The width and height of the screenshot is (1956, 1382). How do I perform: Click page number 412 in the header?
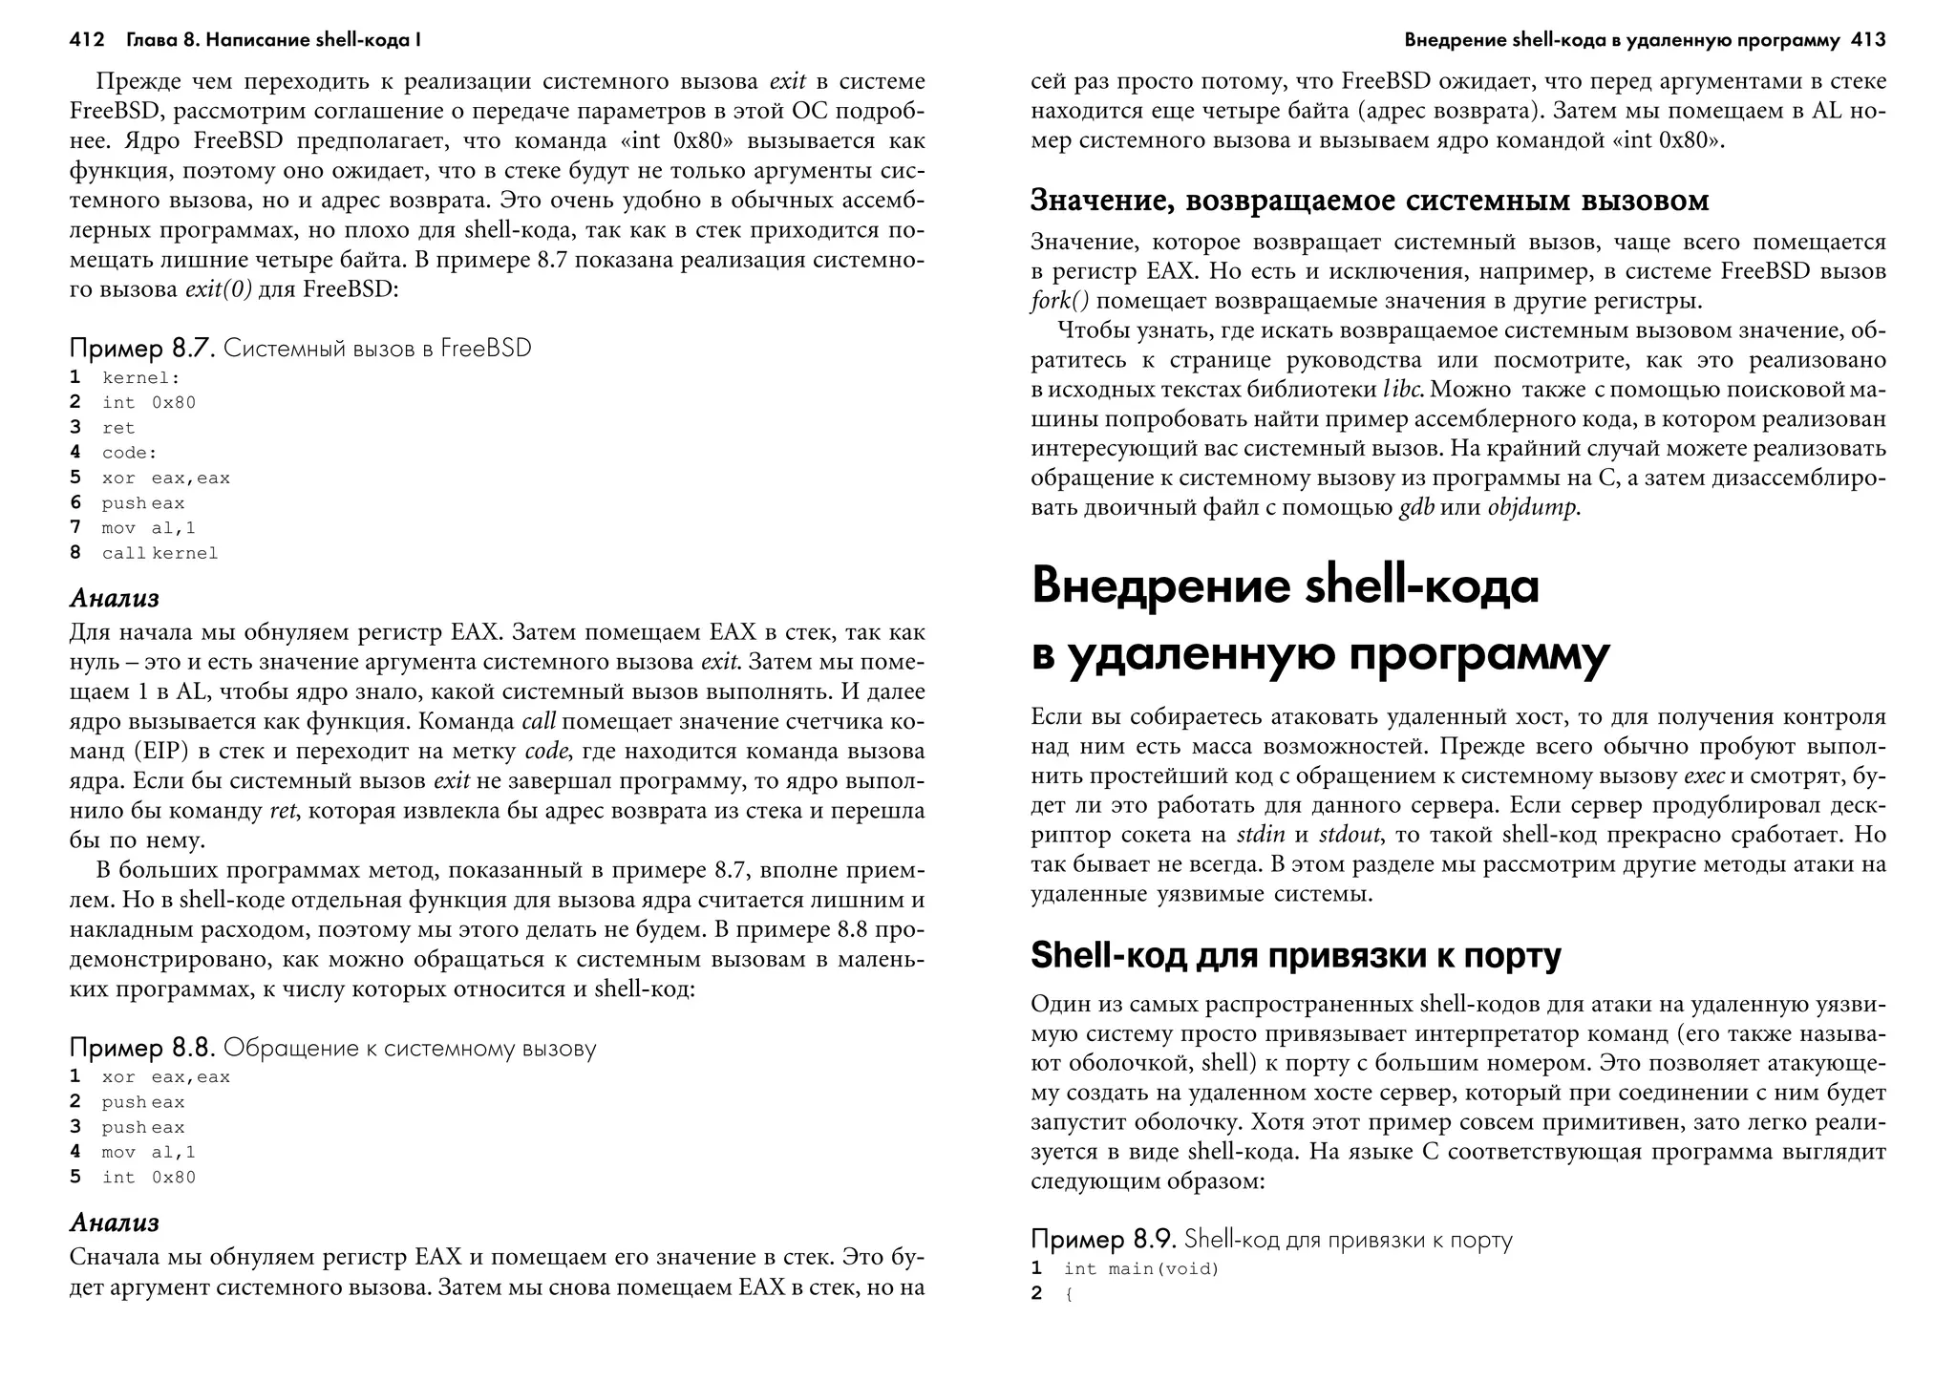[x=87, y=40]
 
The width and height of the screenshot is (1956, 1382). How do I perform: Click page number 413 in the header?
[x=1867, y=40]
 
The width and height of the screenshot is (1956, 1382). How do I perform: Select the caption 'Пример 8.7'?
[x=139, y=349]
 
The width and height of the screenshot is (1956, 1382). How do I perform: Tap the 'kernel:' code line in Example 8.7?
[x=140, y=378]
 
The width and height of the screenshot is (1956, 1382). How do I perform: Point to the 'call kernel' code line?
[x=159, y=554]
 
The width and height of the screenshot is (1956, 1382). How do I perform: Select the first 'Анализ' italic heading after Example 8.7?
[x=114, y=599]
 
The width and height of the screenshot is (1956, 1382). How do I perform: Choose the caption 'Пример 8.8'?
[x=141, y=1049]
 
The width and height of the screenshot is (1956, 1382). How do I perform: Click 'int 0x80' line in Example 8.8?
[x=148, y=1178]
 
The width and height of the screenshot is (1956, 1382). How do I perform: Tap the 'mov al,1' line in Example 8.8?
[x=148, y=1153]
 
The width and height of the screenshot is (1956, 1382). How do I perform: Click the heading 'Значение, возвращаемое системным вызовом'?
[x=1370, y=201]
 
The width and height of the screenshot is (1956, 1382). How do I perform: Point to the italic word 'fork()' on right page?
[x=1059, y=302]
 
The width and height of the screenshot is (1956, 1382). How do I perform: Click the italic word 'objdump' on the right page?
[x=1532, y=508]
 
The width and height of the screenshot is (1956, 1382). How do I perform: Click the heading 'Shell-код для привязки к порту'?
[x=1296, y=955]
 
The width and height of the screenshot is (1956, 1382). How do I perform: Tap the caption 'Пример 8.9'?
[x=1103, y=1240]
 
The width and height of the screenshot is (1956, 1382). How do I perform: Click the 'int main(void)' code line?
[x=1141, y=1269]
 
